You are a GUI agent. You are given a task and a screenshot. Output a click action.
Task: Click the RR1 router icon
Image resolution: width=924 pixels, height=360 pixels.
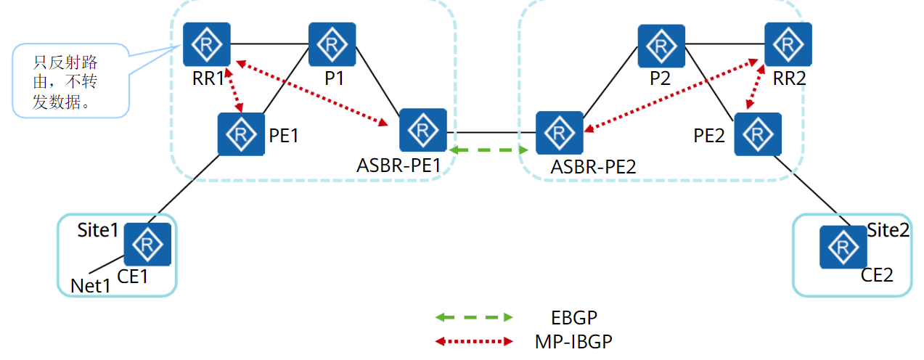pyautogui.click(x=207, y=45)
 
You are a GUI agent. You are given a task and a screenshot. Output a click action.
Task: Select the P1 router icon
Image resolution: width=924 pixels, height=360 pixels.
pyautogui.click(x=332, y=45)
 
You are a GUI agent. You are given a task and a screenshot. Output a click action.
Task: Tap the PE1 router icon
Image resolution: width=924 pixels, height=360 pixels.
pyautogui.click(x=241, y=134)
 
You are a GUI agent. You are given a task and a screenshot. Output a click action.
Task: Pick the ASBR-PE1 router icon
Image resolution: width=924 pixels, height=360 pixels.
pyautogui.click(x=422, y=131)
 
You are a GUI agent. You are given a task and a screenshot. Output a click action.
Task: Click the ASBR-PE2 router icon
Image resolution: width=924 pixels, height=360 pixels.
pyautogui.click(x=559, y=134)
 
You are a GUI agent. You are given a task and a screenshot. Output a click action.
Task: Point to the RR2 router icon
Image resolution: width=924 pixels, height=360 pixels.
pyautogui.click(x=788, y=45)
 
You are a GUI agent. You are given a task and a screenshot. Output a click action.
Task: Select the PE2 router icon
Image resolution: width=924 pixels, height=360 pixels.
pyautogui.click(x=758, y=134)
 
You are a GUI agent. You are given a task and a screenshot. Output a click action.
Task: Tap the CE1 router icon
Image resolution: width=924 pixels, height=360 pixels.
pyautogui.click(x=147, y=245)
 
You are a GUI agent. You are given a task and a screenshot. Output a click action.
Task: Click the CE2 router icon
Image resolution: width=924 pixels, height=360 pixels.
pyautogui.click(x=843, y=247)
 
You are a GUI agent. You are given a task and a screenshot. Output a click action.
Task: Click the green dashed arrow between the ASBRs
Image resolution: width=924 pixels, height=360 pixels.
pyautogui.click(x=488, y=150)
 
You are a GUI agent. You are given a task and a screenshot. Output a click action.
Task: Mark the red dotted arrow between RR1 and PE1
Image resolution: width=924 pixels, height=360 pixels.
pyautogui.click(x=234, y=91)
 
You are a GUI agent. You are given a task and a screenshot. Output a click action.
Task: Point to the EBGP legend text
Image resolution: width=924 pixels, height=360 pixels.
pyautogui.click(x=574, y=317)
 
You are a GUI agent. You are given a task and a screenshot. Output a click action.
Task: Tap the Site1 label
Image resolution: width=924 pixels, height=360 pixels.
pyautogui.click(x=97, y=231)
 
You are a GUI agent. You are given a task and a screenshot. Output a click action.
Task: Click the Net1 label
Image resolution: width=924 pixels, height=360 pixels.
pyautogui.click(x=90, y=286)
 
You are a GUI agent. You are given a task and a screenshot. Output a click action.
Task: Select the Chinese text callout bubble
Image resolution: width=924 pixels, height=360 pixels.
pyautogui.click(x=70, y=81)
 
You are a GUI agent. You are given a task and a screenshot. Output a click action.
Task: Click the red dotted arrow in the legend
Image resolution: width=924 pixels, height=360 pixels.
pyautogui.click(x=473, y=340)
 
